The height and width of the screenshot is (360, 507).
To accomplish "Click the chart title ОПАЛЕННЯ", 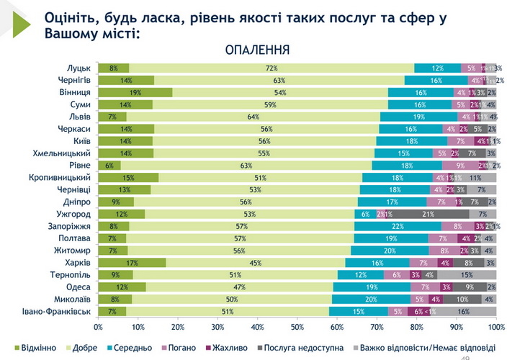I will pyautogui.click(x=257, y=50).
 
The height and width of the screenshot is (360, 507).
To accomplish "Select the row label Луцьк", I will pyautogui.click(x=77, y=68).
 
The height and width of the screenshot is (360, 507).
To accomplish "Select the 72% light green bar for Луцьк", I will pyautogui.click(x=272, y=68).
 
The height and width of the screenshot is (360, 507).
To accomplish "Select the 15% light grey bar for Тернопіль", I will pyautogui.click(x=466, y=275).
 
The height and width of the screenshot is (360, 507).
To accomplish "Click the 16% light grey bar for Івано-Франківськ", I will pyautogui.click(x=464, y=312).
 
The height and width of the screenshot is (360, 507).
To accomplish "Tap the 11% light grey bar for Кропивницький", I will pyautogui.click(x=475, y=177).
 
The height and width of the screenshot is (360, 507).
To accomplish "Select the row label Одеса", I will pyautogui.click(x=76, y=287).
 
